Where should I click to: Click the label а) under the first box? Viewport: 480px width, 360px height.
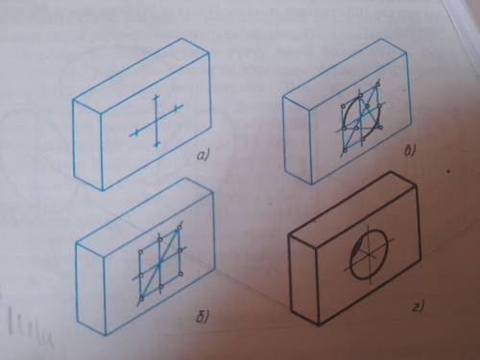(203, 156)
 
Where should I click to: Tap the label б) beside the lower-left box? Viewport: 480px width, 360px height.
(202, 317)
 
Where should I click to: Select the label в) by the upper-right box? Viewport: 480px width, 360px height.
(409, 150)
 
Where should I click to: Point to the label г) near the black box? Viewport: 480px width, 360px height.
(418, 307)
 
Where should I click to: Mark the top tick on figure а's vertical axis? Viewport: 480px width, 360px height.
(156, 96)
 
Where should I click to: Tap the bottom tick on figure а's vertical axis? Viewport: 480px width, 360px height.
(156, 145)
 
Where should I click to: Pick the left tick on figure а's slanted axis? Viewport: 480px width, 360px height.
(136, 132)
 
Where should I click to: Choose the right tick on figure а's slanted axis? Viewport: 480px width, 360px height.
(176, 109)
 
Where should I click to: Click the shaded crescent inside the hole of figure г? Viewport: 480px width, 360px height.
(355, 250)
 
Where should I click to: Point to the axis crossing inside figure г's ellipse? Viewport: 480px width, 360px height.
(371, 255)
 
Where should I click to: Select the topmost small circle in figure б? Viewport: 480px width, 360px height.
(180, 227)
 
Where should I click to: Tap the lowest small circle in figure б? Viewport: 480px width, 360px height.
(142, 299)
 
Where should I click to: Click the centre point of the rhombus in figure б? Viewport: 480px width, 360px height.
(159, 264)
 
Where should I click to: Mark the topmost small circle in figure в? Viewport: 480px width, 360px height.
(378, 84)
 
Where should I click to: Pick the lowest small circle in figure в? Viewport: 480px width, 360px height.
(345, 150)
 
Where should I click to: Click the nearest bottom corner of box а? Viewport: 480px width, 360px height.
(103, 189)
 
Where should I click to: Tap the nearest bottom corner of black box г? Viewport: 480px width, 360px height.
(319, 324)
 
